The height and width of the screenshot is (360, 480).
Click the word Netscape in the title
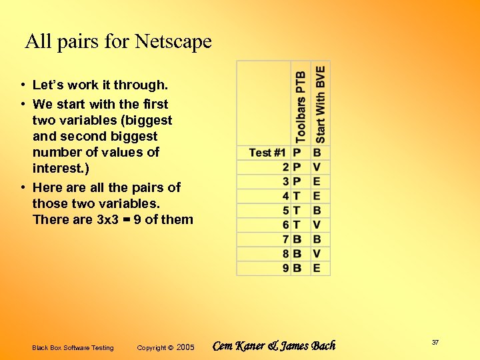click(x=173, y=42)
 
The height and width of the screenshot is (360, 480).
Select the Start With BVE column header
click(x=320, y=104)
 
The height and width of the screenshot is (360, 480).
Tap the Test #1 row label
click(x=267, y=153)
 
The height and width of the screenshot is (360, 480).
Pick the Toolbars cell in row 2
click(x=297, y=167)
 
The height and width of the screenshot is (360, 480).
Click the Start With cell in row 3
click(x=317, y=181)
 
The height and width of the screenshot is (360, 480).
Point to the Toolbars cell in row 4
click(x=297, y=196)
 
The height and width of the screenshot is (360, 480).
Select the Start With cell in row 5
click(x=317, y=211)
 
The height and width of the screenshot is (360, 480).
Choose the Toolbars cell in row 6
click(x=297, y=225)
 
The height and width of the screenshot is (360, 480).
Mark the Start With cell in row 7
click(x=317, y=239)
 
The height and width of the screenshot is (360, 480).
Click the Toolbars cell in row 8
click(x=297, y=253)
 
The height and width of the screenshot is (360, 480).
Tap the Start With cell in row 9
click(x=317, y=268)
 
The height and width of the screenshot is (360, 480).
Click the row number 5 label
click(x=285, y=211)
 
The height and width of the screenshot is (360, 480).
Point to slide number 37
click(x=435, y=342)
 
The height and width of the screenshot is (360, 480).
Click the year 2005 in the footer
click(x=185, y=347)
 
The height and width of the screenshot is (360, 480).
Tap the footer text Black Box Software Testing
click(x=73, y=348)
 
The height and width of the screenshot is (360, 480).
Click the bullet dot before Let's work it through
click(x=23, y=85)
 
